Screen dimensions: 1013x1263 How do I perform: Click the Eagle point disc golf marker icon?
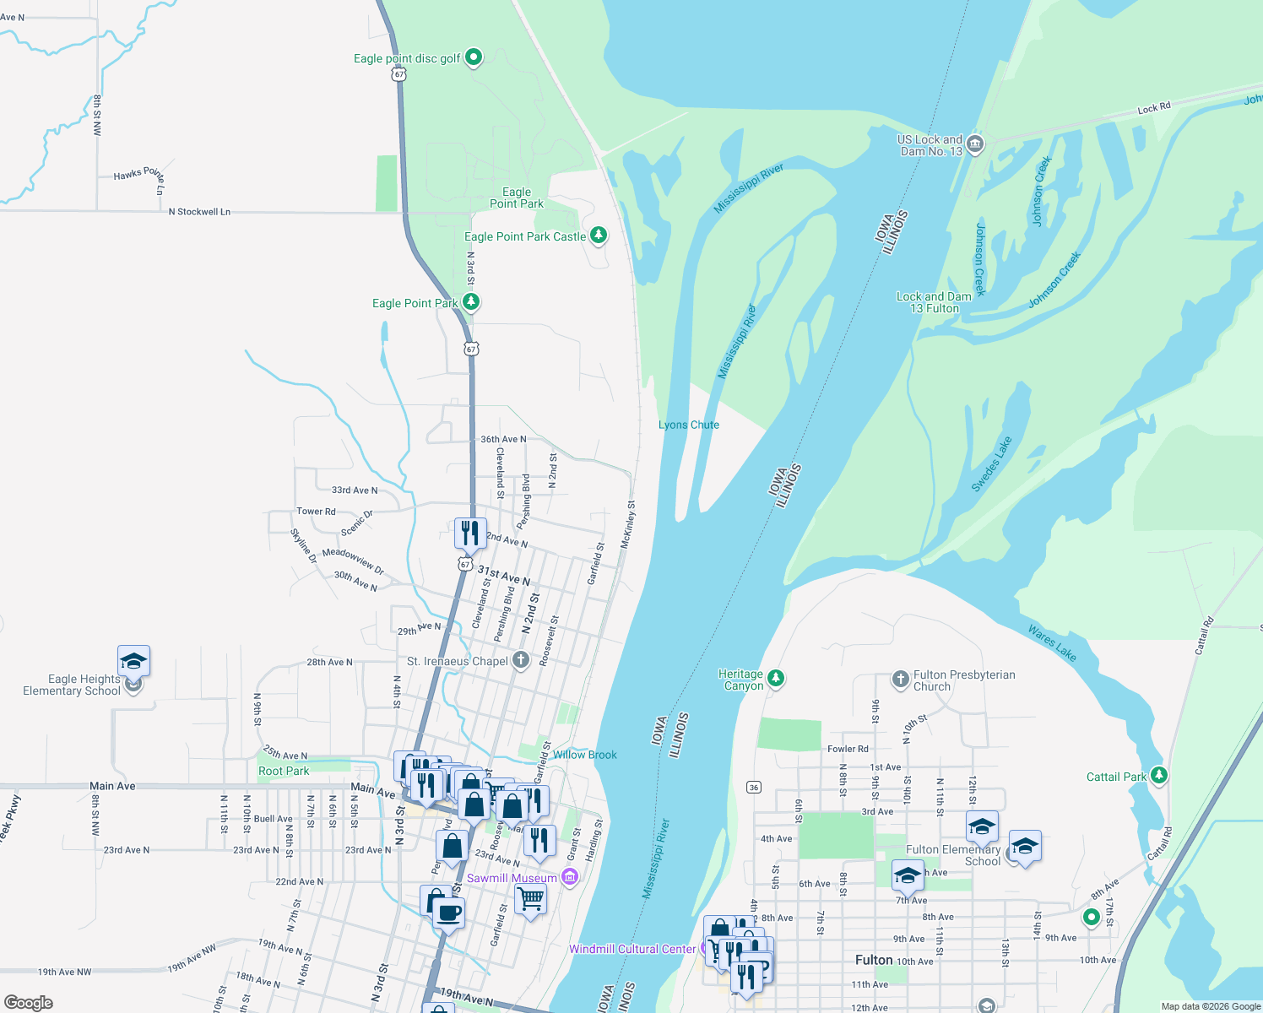coord(474,57)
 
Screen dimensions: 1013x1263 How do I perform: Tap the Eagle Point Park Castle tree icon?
coord(599,235)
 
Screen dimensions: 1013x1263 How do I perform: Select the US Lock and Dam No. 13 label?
coord(930,145)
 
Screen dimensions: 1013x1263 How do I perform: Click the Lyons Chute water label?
coord(689,425)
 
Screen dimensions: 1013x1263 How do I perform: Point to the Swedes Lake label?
coord(991,464)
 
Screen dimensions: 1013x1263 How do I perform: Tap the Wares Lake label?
coord(1052,642)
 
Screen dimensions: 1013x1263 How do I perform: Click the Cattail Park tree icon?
coord(1159,775)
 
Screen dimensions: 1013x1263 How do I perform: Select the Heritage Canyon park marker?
coord(776,678)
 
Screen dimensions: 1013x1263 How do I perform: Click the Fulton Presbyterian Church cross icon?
coord(901,678)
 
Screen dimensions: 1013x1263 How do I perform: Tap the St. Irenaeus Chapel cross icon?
coord(521,660)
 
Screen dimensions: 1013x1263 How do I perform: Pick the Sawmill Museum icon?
coord(570,878)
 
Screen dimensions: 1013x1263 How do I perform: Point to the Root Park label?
coord(284,771)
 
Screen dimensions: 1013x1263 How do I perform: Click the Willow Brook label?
coord(585,755)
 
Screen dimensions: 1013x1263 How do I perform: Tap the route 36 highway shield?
coord(754,787)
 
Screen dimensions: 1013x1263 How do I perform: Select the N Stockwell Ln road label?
coord(199,212)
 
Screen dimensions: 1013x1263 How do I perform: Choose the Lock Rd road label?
coord(1153,108)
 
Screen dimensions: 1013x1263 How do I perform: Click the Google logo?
coord(29,1002)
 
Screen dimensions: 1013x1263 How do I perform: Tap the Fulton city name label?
coord(874,960)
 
